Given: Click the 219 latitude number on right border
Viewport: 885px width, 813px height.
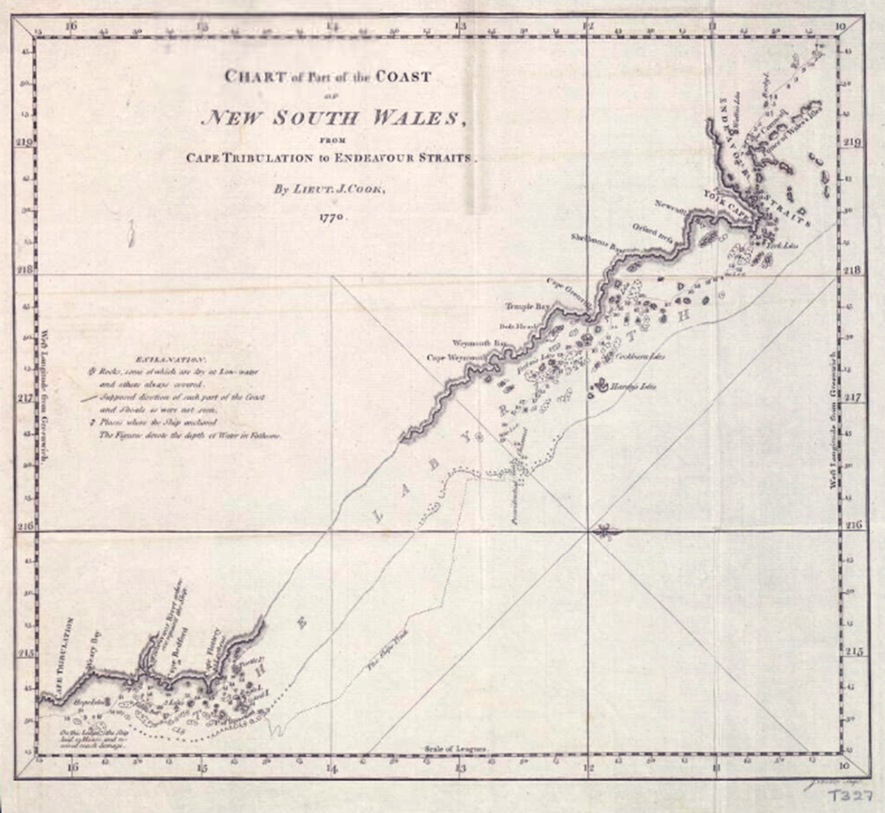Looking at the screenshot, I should click(x=856, y=142).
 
